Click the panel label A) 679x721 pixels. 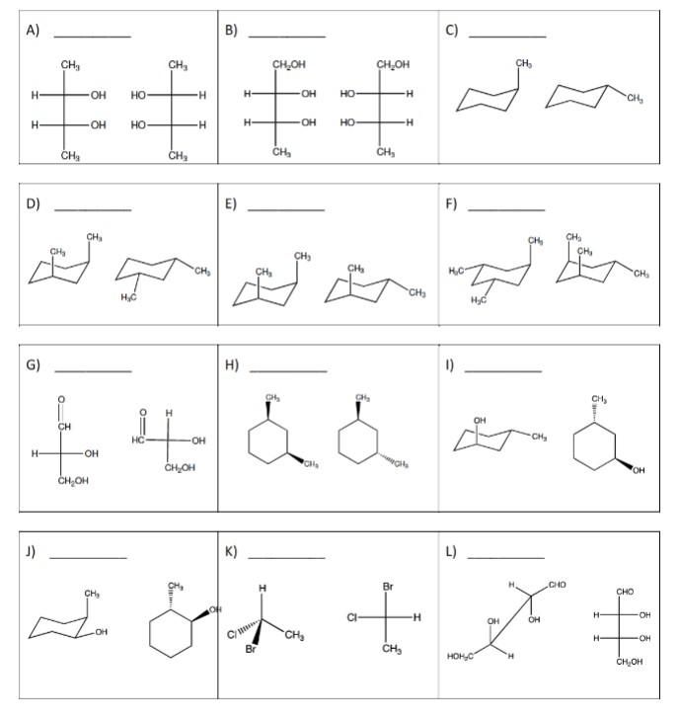point(33,31)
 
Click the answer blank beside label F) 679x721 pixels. point(505,209)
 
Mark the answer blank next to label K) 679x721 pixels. point(286,559)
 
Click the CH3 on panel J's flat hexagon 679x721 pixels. point(175,585)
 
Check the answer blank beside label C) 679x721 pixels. point(506,37)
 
